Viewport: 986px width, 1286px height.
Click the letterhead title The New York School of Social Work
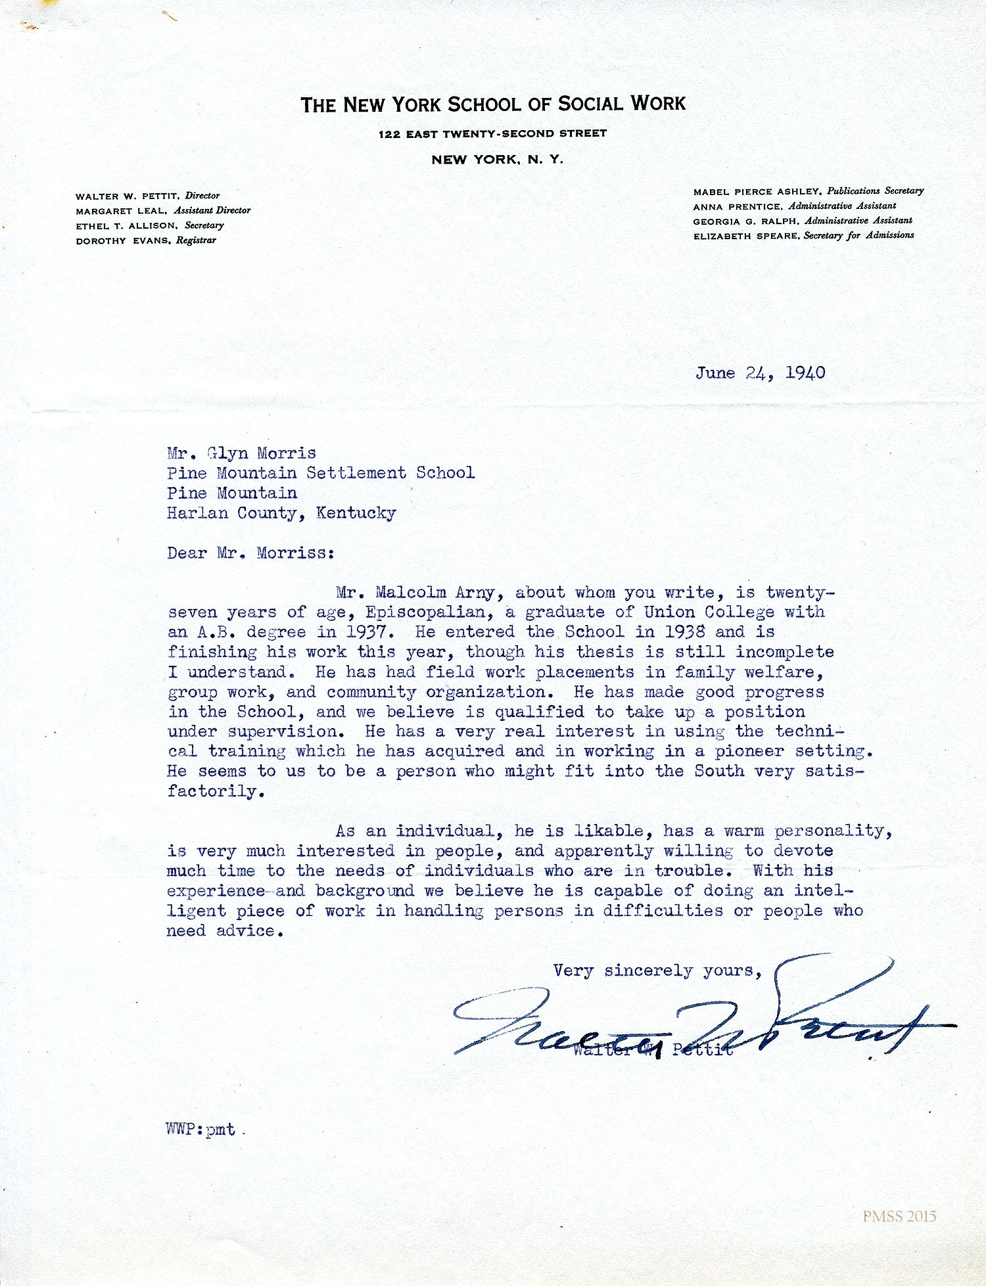click(493, 104)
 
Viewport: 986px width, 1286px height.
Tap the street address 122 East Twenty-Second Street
click(492, 133)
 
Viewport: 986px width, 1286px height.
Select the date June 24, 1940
click(760, 373)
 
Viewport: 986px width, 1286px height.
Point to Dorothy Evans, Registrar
click(145, 241)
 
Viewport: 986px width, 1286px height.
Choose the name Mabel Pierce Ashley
click(757, 191)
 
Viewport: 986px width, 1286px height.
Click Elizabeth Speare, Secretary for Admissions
click(803, 235)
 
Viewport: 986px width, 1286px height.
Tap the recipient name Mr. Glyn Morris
click(241, 453)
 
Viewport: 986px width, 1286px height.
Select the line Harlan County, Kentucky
click(281, 513)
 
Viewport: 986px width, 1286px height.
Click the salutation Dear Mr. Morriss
click(250, 553)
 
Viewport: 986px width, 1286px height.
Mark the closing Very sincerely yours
click(657, 971)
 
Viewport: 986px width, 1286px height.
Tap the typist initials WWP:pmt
click(201, 1130)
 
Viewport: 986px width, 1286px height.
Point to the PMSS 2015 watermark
click(899, 1216)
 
